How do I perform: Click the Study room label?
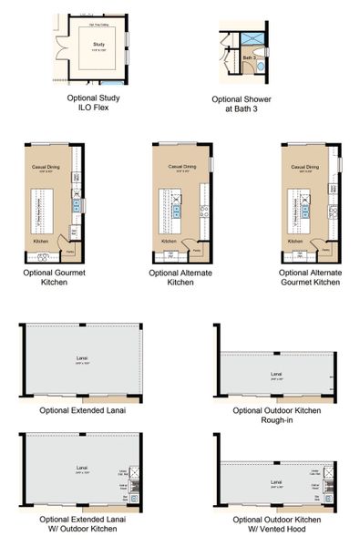point(98,43)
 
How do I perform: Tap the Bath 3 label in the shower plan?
point(247,57)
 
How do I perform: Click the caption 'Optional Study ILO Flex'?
point(93,102)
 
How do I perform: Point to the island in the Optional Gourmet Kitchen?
point(40,212)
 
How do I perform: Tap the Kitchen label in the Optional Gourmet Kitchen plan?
point(41,242)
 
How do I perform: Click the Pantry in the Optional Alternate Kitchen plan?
point(196,248)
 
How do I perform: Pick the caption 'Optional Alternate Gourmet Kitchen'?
point(310,277)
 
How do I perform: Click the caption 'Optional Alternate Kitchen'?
point(180,277)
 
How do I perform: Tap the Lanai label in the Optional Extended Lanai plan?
point(82,359)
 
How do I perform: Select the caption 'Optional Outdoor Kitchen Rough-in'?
point(274,416)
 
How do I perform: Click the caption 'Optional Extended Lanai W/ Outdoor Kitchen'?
point(82,525)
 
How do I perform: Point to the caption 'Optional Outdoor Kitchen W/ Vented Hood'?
point(274,525)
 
